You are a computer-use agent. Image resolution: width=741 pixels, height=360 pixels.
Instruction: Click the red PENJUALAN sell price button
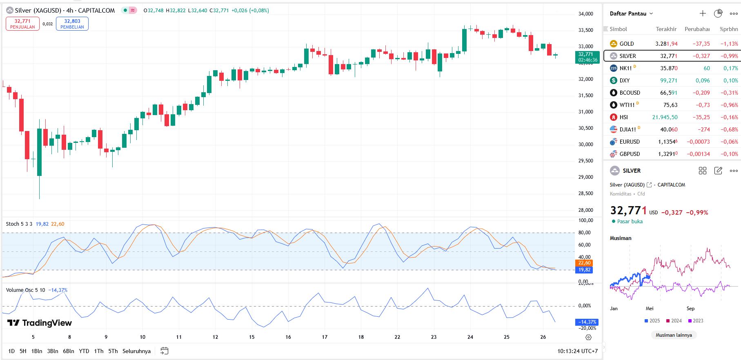point(22,24)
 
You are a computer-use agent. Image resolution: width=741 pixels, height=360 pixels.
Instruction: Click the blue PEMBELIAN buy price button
point(72,24)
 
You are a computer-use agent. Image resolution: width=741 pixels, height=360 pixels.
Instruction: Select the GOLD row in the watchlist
point(627,44)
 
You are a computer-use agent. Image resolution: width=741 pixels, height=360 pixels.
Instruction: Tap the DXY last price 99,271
point(668,80)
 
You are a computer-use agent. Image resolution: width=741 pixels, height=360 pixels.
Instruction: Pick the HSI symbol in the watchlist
point(623,117)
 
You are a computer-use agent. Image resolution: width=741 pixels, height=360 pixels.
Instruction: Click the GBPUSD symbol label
point(630,154)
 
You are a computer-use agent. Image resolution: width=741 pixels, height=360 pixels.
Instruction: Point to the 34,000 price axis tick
point(585,14)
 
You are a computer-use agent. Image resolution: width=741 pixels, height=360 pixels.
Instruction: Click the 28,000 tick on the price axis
point(585,210)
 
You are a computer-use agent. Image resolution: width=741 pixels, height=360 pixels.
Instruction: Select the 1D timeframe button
point(11,351)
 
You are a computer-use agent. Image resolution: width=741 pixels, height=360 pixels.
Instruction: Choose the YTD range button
point(84,351)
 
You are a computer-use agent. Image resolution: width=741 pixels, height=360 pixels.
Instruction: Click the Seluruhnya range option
point(136,351)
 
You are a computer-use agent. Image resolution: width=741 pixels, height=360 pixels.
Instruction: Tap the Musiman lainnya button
point(674,335)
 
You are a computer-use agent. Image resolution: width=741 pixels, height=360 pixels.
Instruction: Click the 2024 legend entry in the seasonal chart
point(674,321)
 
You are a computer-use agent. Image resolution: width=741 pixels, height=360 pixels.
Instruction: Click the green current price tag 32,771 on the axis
point(587,57)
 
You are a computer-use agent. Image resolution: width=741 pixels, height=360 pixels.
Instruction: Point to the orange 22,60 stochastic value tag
point(584,263)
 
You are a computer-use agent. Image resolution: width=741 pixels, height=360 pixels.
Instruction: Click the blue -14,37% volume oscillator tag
point(587,322)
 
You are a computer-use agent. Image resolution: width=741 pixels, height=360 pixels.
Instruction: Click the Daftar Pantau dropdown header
point(631,13)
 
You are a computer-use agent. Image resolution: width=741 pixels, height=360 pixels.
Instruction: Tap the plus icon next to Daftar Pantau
point(703,13)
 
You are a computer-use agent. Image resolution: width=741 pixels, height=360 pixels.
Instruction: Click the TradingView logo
point(40,323)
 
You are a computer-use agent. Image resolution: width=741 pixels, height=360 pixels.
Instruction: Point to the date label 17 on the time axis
point(325,337)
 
